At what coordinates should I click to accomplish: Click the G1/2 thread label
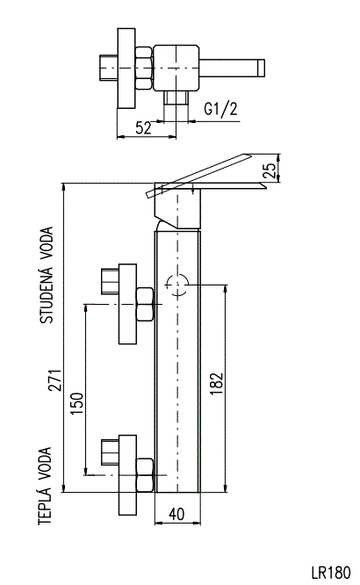coord(220,109)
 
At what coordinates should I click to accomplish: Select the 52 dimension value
coord(144,128)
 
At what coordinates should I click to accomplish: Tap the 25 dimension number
coord(270,170)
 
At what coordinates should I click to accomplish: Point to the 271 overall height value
coord(55,380)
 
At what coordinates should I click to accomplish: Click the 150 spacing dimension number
coord(77,403)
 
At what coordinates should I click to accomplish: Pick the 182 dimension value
coord(216,384)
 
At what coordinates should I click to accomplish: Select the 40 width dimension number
coord(176,514)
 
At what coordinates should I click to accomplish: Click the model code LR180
coord(331,572)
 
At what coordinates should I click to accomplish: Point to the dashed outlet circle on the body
coord(177,285)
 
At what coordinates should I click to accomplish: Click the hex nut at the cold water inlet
coord(145,304)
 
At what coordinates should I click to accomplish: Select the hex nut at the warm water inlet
coord(145,474)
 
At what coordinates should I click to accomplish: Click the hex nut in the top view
coord(144,68)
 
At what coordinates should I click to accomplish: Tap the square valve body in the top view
coord(176,69)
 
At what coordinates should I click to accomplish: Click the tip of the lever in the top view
coord(261,69)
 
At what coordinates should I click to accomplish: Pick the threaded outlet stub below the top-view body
coord(176,97)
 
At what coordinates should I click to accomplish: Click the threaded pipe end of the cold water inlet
coord(110,281)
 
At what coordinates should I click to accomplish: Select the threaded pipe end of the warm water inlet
coord(110,452)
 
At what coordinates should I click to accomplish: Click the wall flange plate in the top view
coord(126,69)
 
